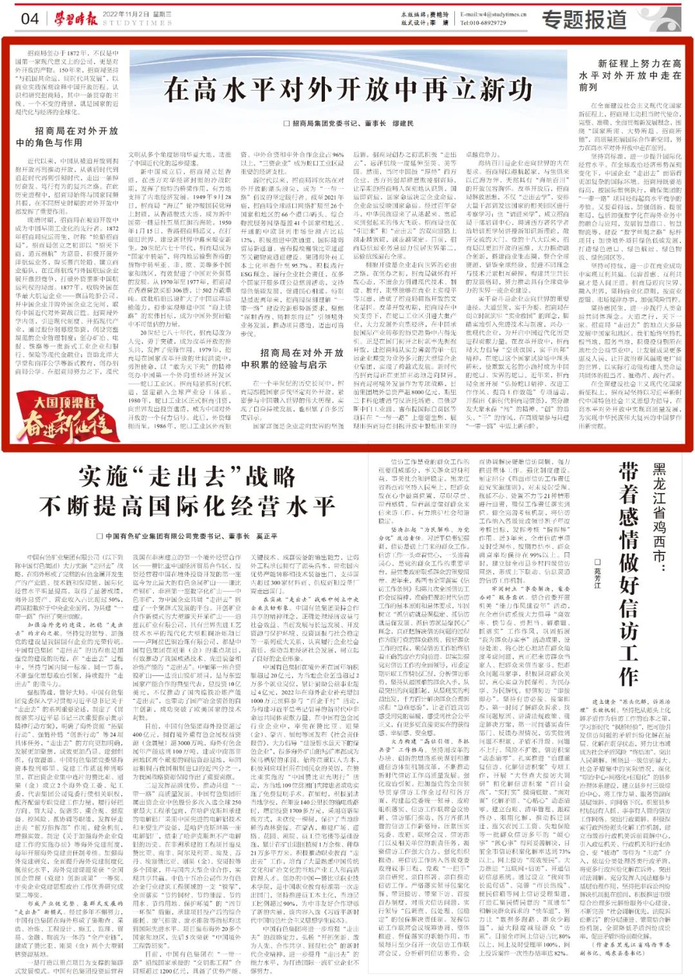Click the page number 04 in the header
(30, 18)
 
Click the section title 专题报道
(584, 19)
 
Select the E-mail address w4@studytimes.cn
(494, 14)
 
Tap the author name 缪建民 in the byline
(402, 123)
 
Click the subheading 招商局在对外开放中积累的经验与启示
(292, 359)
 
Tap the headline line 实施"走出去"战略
(187, 477)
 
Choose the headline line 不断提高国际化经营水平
(187, 505)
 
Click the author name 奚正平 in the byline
(266, 536)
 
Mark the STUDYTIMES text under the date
(137, 23)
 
